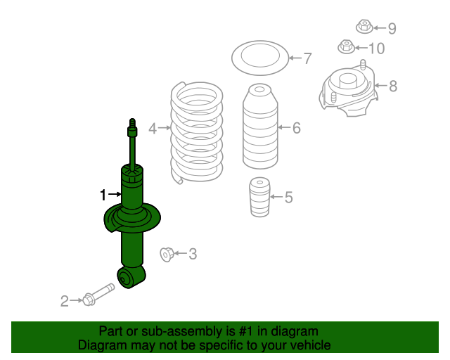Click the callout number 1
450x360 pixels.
click(x=103, y=195)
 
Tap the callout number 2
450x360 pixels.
click(x=65, y=301)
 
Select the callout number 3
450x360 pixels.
click(x=193, y=254)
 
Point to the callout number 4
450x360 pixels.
click(x=153, y=129)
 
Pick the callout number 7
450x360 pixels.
click(x=307, y=58)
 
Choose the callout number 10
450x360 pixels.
click(x=377, y=49)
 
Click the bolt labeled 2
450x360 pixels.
click(x=98, y=295)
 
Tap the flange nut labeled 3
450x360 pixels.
click(x=167, y=254)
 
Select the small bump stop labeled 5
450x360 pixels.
click(x=259, y=197)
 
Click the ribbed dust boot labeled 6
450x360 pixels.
click(x=260, y=127)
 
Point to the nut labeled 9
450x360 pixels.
click(x=364, y=27)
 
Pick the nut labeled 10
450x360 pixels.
click(x=347, y=46)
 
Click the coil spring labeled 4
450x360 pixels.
click(x=197, y=132)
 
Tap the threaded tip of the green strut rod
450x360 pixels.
click(x=132, y=123)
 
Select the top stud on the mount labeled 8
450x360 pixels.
click(x=363, y=65)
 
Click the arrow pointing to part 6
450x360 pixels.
click(x=284, y=127)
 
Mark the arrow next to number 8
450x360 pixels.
click(x=381, y=85)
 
